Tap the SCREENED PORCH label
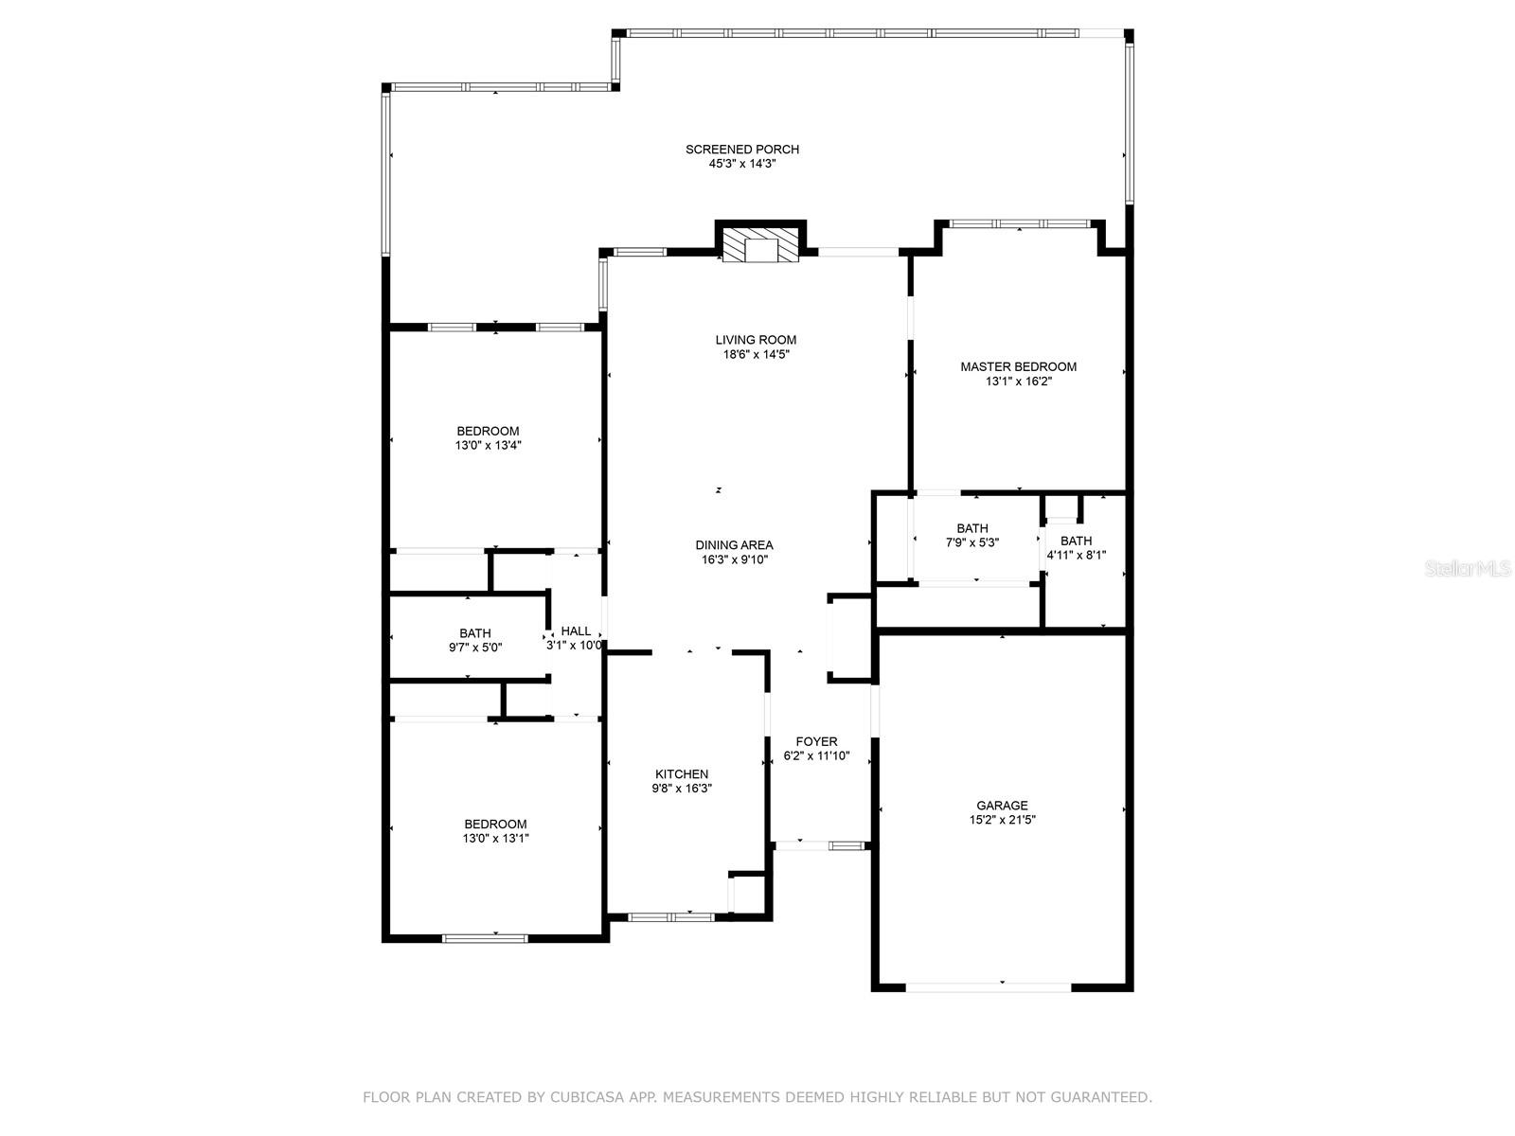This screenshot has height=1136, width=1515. pos(742,150)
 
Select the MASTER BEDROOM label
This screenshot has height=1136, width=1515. pos(1018,366)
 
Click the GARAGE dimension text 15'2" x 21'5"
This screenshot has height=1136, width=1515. pos(1002,821)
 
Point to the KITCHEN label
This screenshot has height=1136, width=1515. pos(682,773)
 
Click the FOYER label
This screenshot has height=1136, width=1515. pos(816,741)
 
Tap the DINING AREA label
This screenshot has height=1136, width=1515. pos(734,544)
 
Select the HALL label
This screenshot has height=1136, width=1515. pos(576,630)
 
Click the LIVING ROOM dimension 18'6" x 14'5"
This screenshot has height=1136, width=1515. pos(756,355)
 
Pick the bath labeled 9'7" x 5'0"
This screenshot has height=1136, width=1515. pos(475,641)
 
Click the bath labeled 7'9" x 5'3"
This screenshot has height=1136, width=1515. pos(972,536)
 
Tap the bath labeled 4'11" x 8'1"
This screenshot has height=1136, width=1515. pos(1076,548)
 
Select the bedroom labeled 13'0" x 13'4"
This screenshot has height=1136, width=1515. pos(488,437)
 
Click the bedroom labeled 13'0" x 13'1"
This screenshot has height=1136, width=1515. pos(495,830)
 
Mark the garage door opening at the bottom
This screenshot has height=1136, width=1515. pos(989,987)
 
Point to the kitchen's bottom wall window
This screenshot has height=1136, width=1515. pos(670,916)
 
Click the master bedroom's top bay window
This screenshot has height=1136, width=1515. pos(1020,224)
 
